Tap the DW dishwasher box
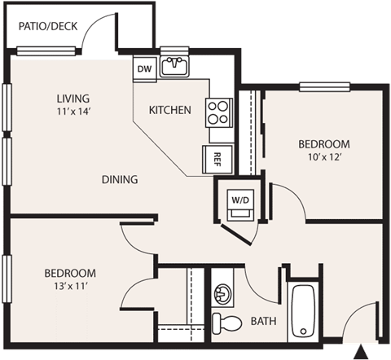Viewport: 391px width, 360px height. [x=145, y=68]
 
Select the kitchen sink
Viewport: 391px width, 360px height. [x=174, y=66]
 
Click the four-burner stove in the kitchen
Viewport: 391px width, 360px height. [x=218, y=111]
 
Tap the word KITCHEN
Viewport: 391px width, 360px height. [x=169, y=110]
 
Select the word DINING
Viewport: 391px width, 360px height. [x=119, y=179]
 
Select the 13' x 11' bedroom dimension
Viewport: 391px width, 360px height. [x=70, y=287]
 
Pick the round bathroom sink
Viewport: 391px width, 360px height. [x=222, y=292]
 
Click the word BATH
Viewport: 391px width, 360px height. [x=263, y=321]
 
